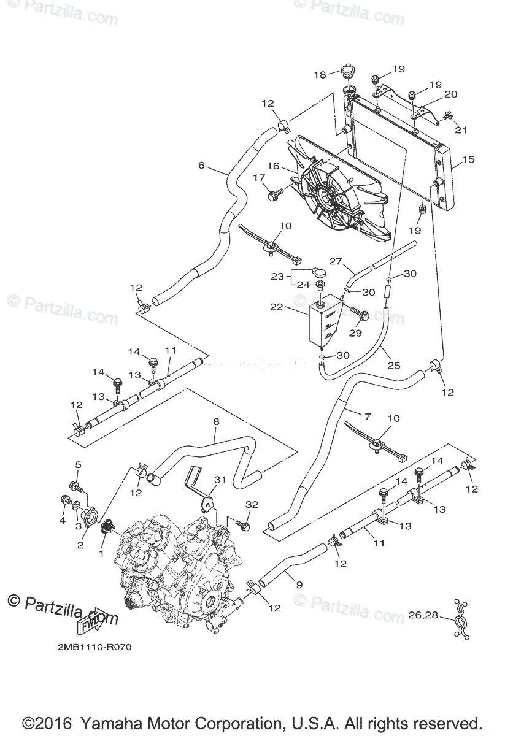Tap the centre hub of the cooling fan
326,194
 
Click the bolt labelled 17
274,195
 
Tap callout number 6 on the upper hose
201,165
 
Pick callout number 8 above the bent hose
215,422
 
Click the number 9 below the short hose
299,585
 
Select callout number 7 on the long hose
368,416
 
